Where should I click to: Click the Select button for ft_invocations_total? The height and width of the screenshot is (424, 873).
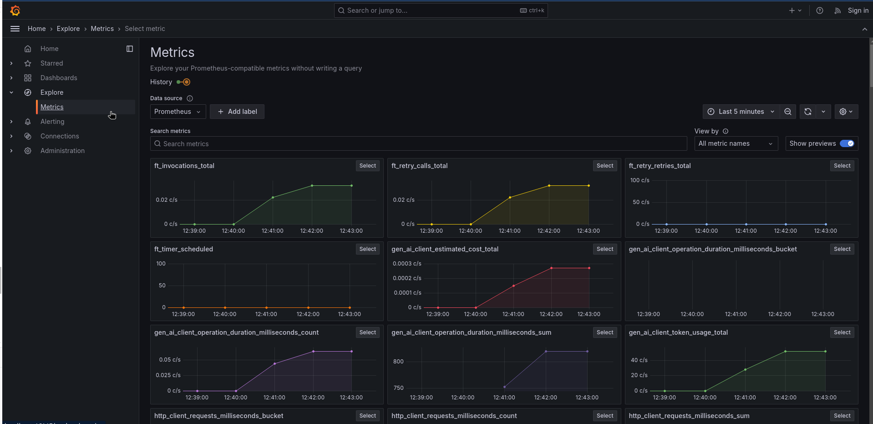click(367, 166)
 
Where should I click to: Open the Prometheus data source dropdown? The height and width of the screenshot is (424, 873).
click(178, 112)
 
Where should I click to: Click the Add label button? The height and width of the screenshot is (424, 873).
click(237, 112)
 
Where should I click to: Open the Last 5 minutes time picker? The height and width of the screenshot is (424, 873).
click(741, 112)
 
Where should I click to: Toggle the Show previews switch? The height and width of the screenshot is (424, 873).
click(847, 143)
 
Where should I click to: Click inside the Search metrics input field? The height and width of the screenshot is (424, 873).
click(419, 144)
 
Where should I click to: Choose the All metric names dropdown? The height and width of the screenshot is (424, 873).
click(735, 143)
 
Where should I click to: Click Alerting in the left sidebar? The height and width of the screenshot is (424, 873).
click(52, 122)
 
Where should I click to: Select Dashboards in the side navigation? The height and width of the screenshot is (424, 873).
click(59, 78)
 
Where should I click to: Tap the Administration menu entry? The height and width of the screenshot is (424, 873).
click(62, 151)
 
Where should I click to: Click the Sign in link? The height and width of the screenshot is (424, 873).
click(858, 10)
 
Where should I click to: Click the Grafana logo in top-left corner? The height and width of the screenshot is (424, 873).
click(15, 10)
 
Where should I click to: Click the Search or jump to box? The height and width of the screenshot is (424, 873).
click(441, 10)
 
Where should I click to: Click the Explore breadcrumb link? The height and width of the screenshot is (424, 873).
click(68, 29)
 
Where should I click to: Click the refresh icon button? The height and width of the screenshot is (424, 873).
click(808, 112)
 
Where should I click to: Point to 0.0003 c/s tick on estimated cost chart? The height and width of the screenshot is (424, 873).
click(407, 264)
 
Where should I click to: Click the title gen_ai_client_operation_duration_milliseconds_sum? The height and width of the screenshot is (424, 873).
click(471, 332)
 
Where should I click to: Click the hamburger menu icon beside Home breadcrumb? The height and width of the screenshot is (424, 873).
click(15, 29)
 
